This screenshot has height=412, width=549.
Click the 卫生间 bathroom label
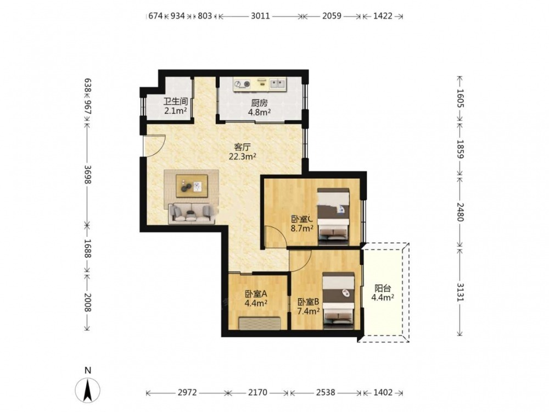point(176,102)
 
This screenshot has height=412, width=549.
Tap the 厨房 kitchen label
point(259,103)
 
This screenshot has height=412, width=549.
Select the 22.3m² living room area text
point(242,157)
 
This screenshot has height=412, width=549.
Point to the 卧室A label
point(256,293)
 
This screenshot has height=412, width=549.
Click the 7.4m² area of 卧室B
point(309,311)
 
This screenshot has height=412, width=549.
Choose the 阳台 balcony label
point(383,288)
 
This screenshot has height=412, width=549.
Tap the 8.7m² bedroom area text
point(302,229)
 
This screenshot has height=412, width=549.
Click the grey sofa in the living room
point(192,213)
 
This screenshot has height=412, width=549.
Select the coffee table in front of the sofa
point(192,186)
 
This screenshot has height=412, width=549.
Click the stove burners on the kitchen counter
point(242,83)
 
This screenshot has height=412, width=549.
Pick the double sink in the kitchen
point(277,83)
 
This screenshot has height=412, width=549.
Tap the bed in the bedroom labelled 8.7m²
point(333,216)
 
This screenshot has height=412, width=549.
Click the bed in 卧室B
point(338,300)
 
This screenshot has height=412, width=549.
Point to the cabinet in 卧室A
point(260,323)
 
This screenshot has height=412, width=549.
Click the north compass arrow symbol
point(88,389)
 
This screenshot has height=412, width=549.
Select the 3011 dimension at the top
point(260,16)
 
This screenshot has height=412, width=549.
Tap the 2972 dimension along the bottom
point(187,392)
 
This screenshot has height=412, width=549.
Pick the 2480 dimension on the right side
point(460,212)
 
